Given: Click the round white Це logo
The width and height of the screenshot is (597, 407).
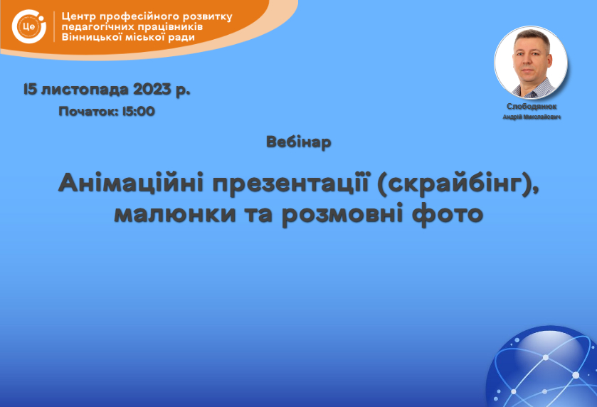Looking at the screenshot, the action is pyautogui.click(x=29, y=26).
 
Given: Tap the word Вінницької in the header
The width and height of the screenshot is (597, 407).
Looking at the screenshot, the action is pyautogui.click(x=91, y=37).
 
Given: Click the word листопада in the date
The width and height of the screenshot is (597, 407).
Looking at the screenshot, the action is pyautogui.click(x=85, y=90).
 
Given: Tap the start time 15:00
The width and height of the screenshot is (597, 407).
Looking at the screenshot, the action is pyautogui.click(x=139, y=111).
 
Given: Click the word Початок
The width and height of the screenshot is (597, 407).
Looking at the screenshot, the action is pyautogui.click(x=89, y=111).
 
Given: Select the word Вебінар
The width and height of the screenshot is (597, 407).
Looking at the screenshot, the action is pyautogui.click(x=299, y=142).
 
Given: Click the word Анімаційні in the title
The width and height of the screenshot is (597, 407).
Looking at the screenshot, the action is pyautogui.click(x=131, y=183).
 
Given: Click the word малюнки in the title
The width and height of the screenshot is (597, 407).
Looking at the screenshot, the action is pyautogui.click(x=175, y=213).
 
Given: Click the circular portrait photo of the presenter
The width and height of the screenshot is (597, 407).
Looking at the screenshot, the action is pyautogui.click(x=531, y=62).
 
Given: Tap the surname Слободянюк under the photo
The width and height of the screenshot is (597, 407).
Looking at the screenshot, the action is pyautogui.click(x=532, y=107).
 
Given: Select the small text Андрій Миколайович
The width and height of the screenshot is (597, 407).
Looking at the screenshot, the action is pyautogui.click(x=532, y=117).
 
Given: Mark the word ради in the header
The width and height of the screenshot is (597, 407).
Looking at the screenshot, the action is pyautogui.click(x=181, y=38).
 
